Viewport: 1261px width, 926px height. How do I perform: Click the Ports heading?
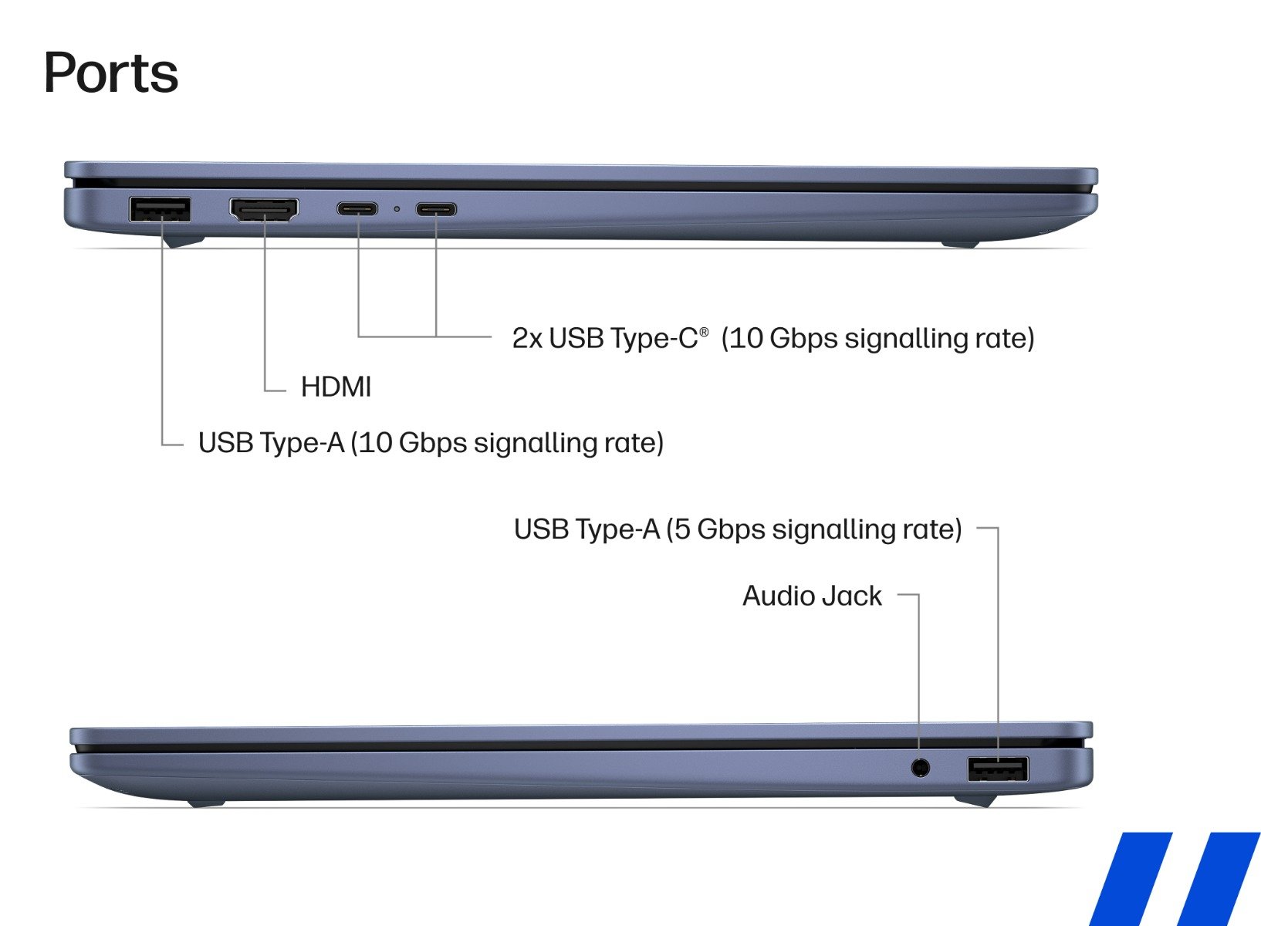[111, 74]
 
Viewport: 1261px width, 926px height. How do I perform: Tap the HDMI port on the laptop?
[264, 209]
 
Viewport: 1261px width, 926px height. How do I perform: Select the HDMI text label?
[336, 387]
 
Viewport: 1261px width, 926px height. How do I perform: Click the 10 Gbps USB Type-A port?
[160, 209]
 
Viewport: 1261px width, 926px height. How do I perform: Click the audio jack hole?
[920, 767]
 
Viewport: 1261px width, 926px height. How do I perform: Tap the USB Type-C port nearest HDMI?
[357, 209]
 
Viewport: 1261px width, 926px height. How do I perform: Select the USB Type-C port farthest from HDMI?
[436, 209]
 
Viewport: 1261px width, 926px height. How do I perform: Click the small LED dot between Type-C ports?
[397, 209]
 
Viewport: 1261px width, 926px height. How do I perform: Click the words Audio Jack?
[812, 596]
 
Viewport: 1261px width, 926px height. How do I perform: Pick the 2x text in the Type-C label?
[527, 338]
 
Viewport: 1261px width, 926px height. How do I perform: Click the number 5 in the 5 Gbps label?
[681, 529]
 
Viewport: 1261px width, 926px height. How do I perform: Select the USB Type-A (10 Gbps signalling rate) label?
[431, 443]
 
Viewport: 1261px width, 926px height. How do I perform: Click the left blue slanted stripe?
[1131, 879]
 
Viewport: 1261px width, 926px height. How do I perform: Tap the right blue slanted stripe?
[1219, 879]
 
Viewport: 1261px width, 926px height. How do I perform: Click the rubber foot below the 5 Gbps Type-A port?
[975, 800]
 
